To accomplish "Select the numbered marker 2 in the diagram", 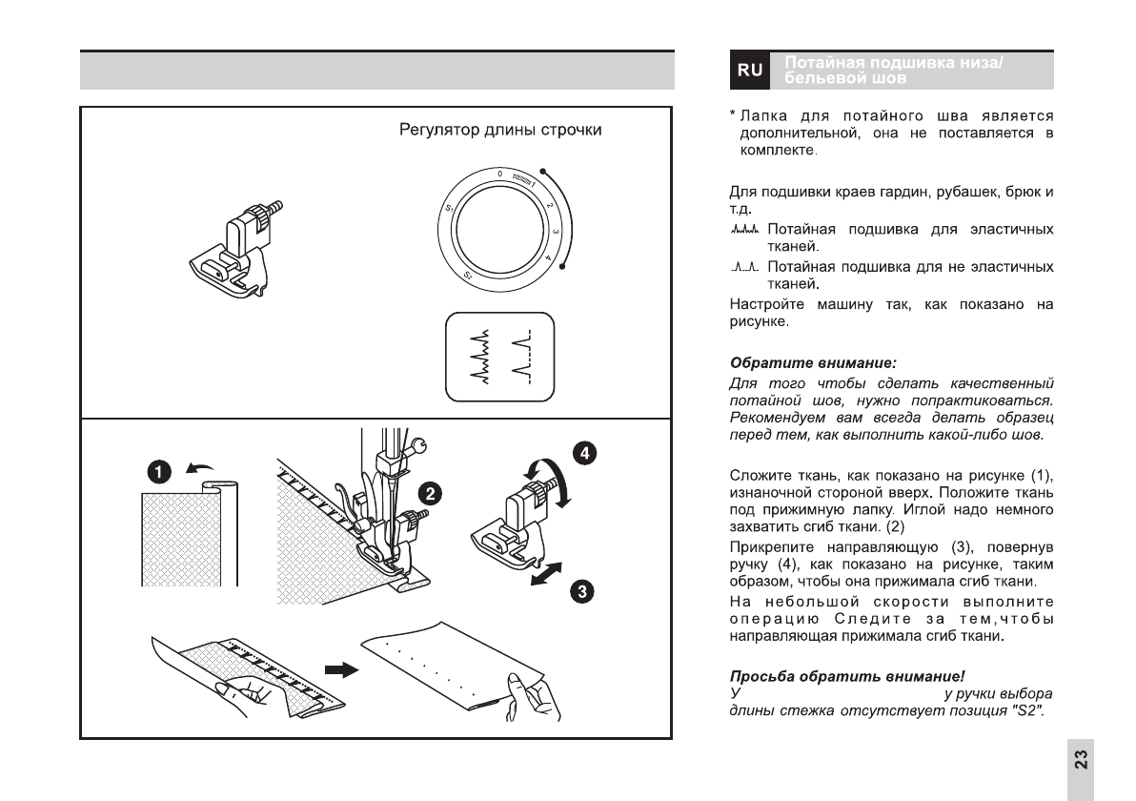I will [x=432, y=493].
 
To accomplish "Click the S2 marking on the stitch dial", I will [x=469, y=276].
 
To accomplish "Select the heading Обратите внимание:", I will [x=786, y=363].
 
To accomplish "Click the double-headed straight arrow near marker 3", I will [x=546, y=577].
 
